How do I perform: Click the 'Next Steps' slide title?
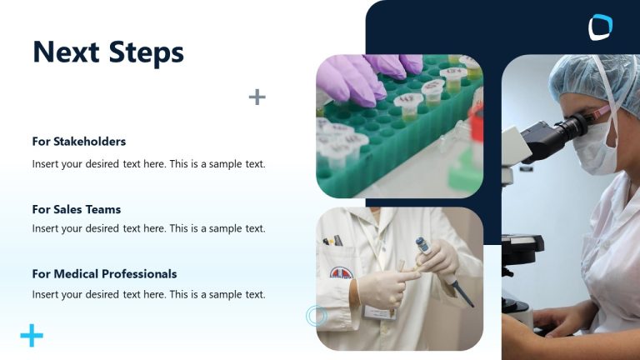[x=107, y=52]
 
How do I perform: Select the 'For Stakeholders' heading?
[x=79, y=142]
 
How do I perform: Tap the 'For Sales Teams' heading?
[x=77, y=209]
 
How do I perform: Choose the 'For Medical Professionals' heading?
[x=104, y=273]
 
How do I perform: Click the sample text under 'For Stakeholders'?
[x=148, y=164]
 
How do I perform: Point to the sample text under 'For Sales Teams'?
[x=148, y=228]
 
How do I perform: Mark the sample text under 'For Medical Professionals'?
[x=148, y=294]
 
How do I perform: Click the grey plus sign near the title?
[x=257, y=97]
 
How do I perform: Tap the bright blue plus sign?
[x=32, y=336]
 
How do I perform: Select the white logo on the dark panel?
[x=600, y=27]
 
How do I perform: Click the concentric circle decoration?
[x=316, y=315]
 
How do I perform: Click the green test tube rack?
[x=400, y=133]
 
